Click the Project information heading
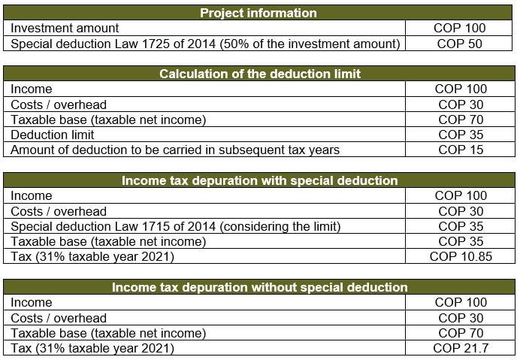coord(258,13)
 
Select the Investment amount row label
coord(65,29)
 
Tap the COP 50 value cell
coord(459,44)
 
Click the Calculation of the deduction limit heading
coord(260,74)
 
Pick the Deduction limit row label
coord(53,135)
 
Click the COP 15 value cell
coord(461,150)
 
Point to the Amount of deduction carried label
coord(175,150)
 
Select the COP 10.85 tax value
coord(461,256)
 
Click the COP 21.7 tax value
coord(461,348)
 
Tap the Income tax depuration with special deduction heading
coord(260,180)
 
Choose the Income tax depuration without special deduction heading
coord(260,287)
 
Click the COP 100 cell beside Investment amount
coord(459,29)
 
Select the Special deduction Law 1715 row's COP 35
coord(461,226)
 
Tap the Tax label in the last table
coord(21,348)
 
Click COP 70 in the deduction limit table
coord(461,119)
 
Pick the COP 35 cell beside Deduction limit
coord(461,135)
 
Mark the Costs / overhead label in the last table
coord(59,318)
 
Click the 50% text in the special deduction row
coord(234,44)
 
